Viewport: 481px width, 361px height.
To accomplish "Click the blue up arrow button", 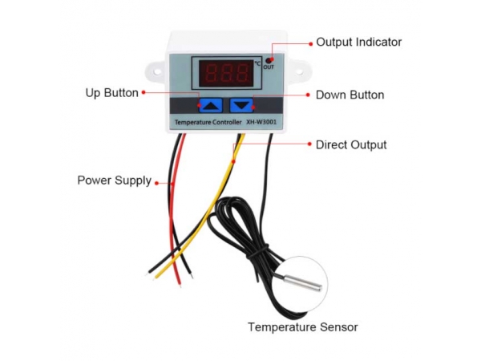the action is [x=211, y=105].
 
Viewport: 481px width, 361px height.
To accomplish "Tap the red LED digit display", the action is [x=226, y=73].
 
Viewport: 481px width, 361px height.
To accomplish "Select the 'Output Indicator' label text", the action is [x=358, y=43].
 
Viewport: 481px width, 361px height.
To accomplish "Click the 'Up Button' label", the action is [x=111, y=93].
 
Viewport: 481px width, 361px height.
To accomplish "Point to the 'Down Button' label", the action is [x=350, y=95].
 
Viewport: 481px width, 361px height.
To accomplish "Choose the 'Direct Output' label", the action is [x=351, y=145].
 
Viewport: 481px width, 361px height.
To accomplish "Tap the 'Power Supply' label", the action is [x=115, y=180].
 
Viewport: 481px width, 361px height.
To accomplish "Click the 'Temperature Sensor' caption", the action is [x=303, y=327].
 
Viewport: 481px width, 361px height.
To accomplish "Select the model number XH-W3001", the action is [x=261, y=122].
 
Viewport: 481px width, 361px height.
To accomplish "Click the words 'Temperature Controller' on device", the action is [x=208, y=122].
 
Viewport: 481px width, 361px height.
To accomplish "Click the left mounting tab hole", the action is [x=157, y=72].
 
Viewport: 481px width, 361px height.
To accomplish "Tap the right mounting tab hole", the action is [x=298, y=72].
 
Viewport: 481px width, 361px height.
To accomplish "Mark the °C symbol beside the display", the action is [x=257, y=63].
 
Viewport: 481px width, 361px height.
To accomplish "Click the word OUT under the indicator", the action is [x=269, y=67].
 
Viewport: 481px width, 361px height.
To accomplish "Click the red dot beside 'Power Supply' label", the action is [x=157, y=183].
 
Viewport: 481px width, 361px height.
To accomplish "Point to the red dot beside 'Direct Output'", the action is [x=309, y=144].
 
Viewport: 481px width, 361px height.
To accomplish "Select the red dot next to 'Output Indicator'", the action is [x=310, y=44].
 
